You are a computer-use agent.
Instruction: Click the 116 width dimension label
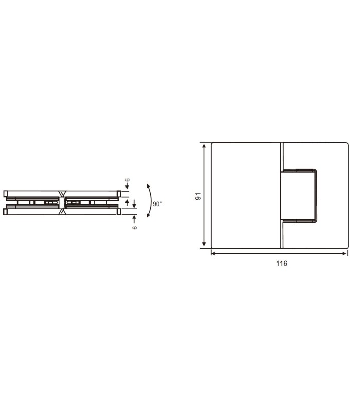(281, 263)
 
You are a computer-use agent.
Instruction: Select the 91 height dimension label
(198, 196)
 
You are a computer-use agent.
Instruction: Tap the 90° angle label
(157, 204)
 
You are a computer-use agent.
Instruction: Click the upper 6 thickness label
(127, 180)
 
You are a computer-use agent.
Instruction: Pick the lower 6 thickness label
(135, 228)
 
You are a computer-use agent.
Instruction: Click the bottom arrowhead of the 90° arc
(148, 215)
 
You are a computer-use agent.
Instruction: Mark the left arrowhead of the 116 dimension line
(213, 253)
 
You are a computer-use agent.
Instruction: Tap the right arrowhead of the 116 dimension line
(344, 253)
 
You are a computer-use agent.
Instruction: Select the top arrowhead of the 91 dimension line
(204, 145)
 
